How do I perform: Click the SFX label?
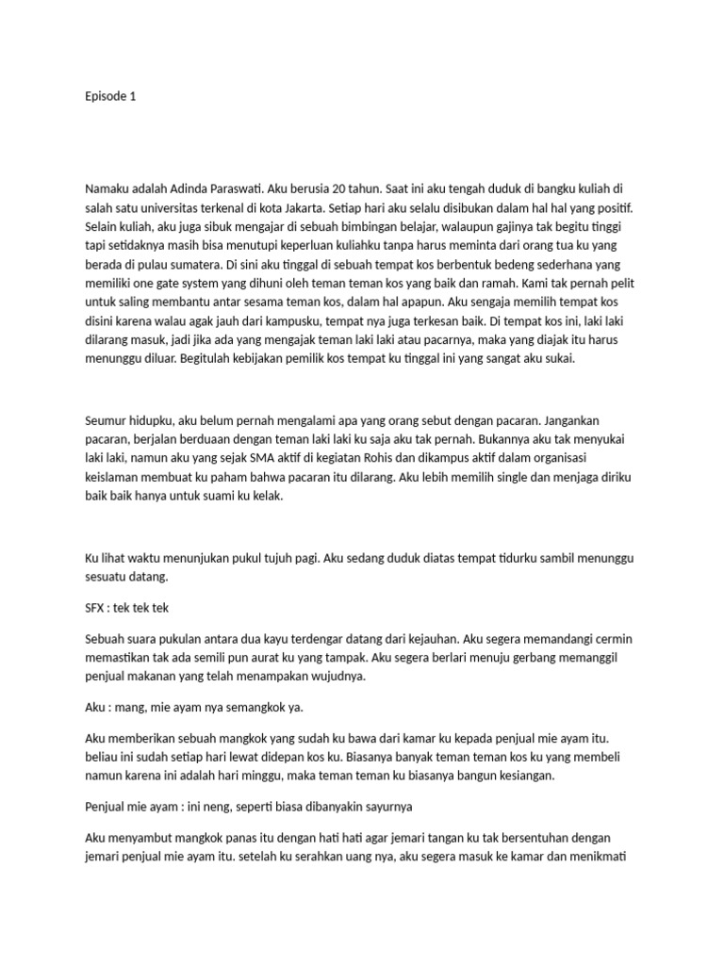click(x=94, y=609)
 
